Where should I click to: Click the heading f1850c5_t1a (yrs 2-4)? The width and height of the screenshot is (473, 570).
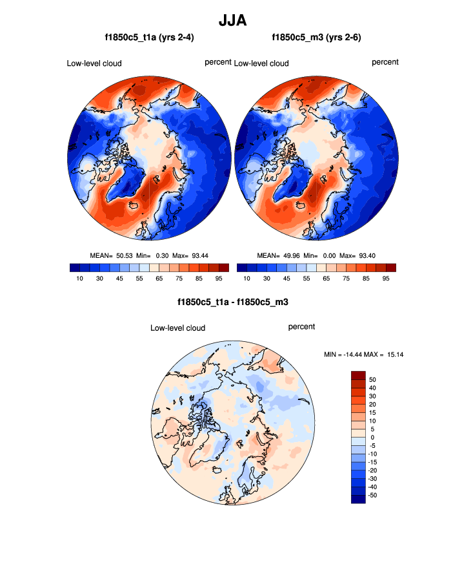pyautogui.click(x=149, y=38)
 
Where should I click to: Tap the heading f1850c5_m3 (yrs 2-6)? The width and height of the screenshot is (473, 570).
pyautogui.click(x=316, y=38)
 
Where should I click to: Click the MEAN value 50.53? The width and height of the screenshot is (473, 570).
pyautogui.click(x=124, y=255)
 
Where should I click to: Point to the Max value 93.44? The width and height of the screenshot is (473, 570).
pyautogui.click(x=200, y=255)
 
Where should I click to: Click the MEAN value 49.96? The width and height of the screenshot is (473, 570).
pyautogui.click(x=291, y=255)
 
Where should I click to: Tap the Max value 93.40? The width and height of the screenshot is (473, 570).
pyautogui.click(x=367, y=255)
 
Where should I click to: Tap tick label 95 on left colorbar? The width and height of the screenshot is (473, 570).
pyautogui.click(x=219, y=278)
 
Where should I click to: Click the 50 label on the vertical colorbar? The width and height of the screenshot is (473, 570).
pyautogui.click(x=373, y=379)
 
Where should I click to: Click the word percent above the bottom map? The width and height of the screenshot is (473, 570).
pyautogui.click(x=301, y=327)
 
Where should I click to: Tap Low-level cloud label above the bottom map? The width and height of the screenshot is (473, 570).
pyautogui.click(x=177, y=328)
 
